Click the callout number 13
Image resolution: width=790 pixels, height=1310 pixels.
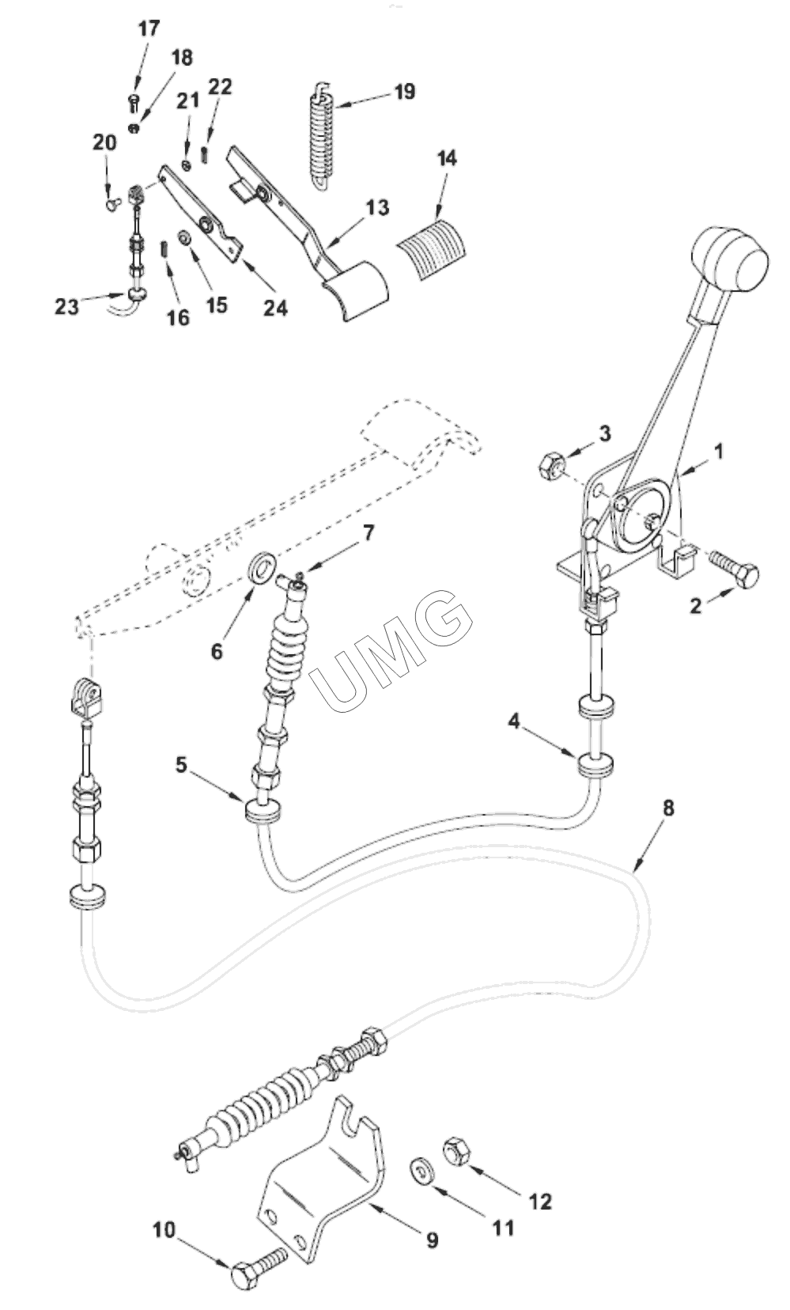click(x=377, y=207)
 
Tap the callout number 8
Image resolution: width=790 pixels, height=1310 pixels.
click(x=669, y=808)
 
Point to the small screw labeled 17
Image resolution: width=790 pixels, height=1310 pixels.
click(x=133, y=100)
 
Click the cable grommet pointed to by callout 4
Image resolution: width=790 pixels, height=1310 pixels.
click(x=597, y=765)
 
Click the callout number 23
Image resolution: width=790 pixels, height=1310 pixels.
click(x=66, y=305)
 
